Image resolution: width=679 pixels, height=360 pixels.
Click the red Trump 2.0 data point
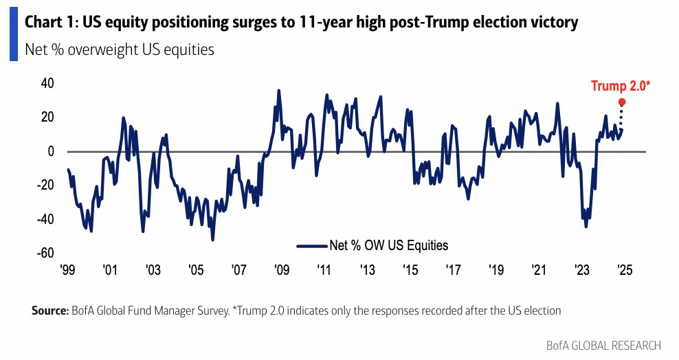tap(622, 102)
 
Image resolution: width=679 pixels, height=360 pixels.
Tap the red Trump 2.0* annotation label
tap(621, 86)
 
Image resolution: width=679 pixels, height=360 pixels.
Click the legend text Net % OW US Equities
tap(389, 245)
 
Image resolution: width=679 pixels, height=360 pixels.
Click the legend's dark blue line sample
tap(312, 245)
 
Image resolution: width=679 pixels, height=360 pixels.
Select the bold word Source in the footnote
tap(49, 311)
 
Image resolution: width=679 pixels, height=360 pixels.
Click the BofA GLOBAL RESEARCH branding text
tap(603, 345)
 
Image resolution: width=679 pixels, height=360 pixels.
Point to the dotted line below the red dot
tap(622, 117)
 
